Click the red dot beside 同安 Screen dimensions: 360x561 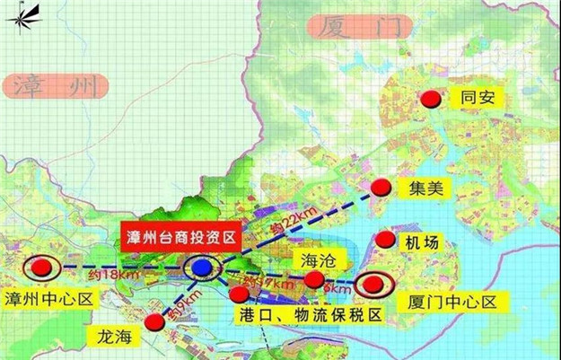pyautogui.click(x=434, y=99)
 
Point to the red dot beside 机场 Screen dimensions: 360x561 pyautogui.click(x=385, y=241)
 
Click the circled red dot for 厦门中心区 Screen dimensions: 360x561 pyautogui.click(x=372, y=285)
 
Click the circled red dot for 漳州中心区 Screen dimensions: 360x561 pyautogui.click(x=40, y=267)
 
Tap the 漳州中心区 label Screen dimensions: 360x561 pyautogui.click(x=48, y=298)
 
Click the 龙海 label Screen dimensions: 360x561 pyautogui.click(x=116, y=336)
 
